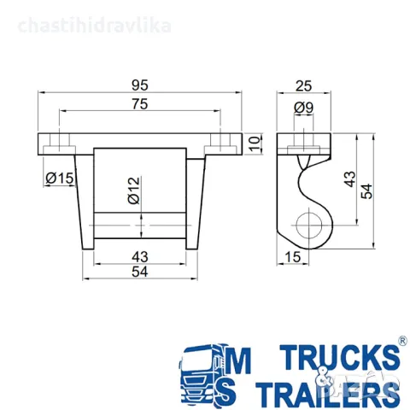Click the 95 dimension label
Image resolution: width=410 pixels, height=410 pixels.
tap(140, 85)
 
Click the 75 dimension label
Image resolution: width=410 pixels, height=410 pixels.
tap(140, 104)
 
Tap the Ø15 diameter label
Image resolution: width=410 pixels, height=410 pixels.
tap(60, 179)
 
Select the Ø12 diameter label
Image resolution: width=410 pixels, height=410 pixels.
tap(134, 190)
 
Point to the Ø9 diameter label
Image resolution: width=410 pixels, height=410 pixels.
tap(304, 108)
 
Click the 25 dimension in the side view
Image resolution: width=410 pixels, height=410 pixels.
tap(303, 85)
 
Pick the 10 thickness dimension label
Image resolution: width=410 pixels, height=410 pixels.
tap(255, 143)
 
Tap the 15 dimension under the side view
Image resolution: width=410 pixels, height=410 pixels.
tap(292, 257)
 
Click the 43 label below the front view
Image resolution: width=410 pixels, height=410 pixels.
tap(140, 257)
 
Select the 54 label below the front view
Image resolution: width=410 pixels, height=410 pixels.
tap(140, 272)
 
